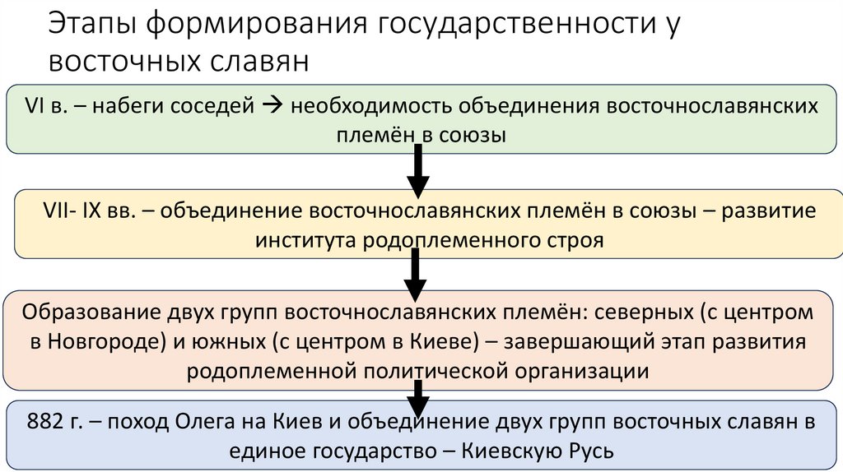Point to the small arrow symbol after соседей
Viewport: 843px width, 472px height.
pos(273,106)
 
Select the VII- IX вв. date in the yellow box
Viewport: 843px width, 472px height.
pos(91,211)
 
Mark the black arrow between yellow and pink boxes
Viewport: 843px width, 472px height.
pos(416,275)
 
